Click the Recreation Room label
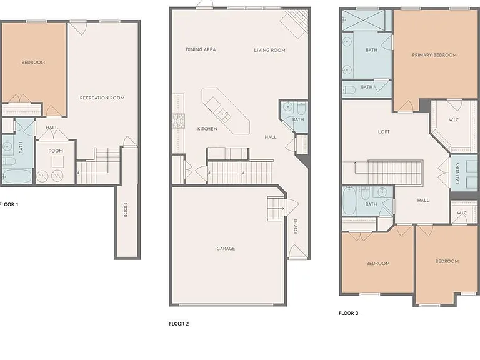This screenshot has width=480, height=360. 102,98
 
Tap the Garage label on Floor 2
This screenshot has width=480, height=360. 226,249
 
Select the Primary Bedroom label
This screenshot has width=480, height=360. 434,55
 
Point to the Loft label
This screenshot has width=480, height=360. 384,132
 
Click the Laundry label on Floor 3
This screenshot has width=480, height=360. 457,173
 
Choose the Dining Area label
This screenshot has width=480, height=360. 201,49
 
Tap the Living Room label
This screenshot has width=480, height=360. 270,50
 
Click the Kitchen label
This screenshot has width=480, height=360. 207,129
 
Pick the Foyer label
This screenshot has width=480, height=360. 296,226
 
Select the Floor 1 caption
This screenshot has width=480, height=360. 9,204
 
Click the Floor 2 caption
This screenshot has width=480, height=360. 179,324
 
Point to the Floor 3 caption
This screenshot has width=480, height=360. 348,313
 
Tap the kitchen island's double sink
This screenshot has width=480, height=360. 224,115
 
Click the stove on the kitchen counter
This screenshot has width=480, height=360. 179,121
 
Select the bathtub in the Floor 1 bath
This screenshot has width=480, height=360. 17,176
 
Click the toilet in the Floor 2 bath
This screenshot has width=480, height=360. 301,107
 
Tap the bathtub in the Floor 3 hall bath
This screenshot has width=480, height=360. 349,201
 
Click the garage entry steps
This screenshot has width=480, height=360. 276,208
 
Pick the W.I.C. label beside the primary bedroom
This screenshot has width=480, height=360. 454,120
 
